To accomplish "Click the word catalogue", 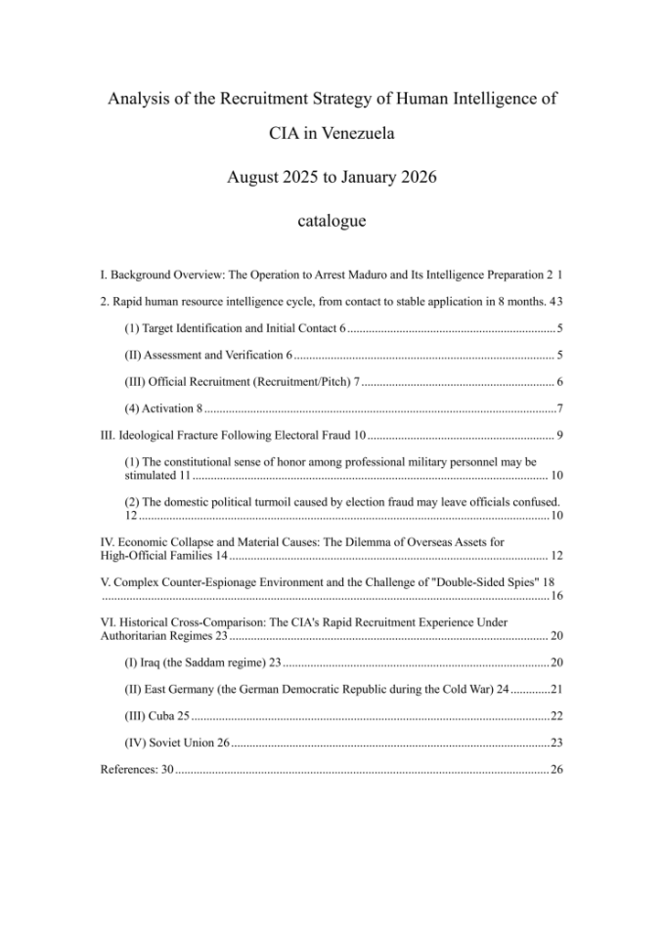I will pos(332,221).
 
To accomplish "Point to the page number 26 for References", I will pos(556,770).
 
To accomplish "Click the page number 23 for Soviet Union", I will pos(556,743).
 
